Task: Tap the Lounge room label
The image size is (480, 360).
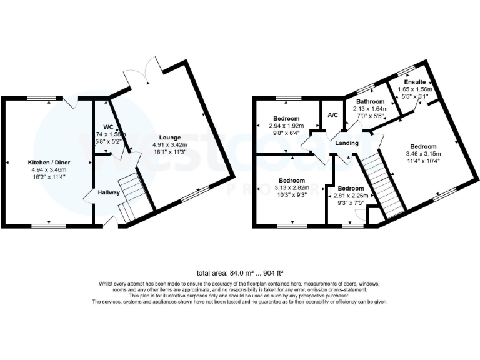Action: point(169,137)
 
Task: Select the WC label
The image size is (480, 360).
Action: point(108,126)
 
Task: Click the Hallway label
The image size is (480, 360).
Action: point(107,192)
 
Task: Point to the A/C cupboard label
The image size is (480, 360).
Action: point(332,115)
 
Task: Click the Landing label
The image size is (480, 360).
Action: point(347,143)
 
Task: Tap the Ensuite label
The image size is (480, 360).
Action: point(415,82)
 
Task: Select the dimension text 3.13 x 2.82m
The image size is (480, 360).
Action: point(292,187)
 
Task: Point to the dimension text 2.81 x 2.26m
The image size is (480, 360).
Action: point(350,195)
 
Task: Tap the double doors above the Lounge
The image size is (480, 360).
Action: point(141,72)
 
